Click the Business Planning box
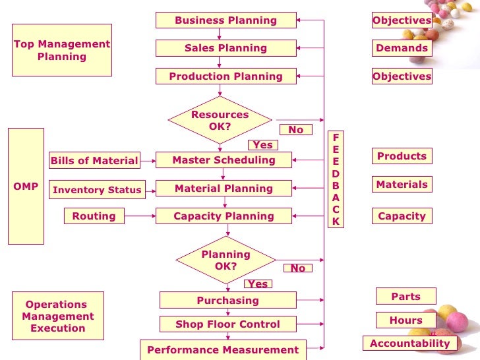pos(225,20)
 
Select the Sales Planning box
pos(225,48)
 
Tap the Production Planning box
pos(225,76)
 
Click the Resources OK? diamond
pos(220,120)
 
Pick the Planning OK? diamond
pos(225,260)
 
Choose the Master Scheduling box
pos(224,160)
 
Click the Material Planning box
pos(224,189)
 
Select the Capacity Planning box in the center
pos(224,216)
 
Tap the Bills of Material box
pos(94,161)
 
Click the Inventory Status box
pos(97,190)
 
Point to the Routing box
pos(94,216)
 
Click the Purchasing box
pos(227,301)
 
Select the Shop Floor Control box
pos(227,324)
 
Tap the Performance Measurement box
pos(223,350)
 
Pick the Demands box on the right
pos(402,48)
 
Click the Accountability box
pos(409,344)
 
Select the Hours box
pos(405,320)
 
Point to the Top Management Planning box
pos(62,50)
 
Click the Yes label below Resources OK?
pos(262,145)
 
